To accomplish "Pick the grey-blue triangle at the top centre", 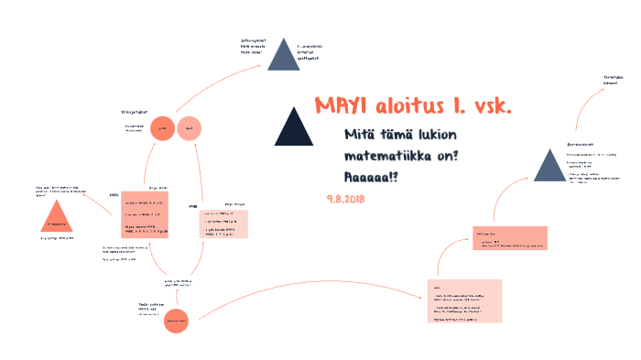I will (284, 56).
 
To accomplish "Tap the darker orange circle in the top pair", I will (162, 129).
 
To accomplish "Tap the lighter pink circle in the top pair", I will (190, 129).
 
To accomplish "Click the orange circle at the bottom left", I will (176, 320).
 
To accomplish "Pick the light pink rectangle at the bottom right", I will (467, 301).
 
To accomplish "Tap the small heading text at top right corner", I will (602, 80).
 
